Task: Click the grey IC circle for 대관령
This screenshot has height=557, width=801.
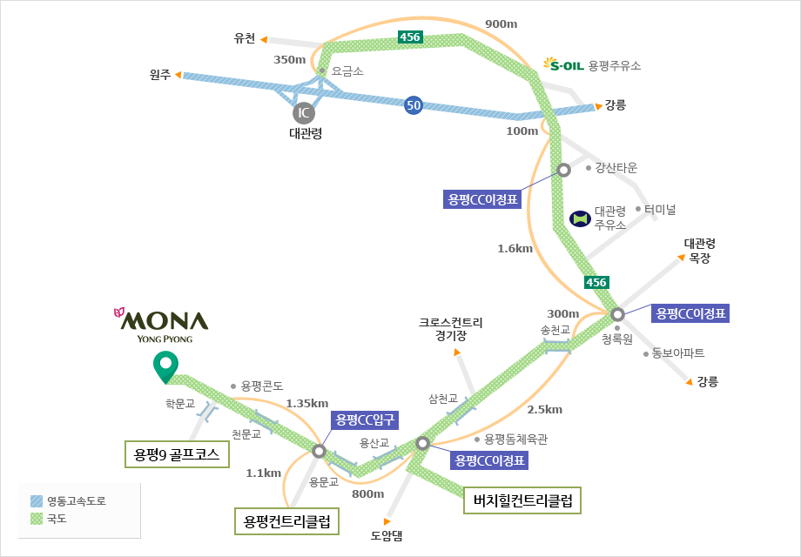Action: [x=304, y=112]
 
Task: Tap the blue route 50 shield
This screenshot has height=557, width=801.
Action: [x=414, y=106]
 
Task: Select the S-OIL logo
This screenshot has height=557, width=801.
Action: [x=563, y=64]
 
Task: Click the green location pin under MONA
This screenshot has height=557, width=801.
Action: [x=163, y=367]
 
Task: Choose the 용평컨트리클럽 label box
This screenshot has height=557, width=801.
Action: [x=287, y=522]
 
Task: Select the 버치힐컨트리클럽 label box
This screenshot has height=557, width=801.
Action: [x=522, y=500]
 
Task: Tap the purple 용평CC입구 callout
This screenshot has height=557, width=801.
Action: [x=365, y=419]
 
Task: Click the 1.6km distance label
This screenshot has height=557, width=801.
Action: [x=515, y=249]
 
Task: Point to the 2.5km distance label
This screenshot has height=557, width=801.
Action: [x=545, y=409]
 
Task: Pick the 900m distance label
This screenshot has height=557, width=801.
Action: [x=501, y=23]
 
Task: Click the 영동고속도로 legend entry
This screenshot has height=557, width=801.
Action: [x=71, y=501]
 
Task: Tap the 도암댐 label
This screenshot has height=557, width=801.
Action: [x=387, y=536]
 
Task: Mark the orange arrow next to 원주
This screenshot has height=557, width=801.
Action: [x=178, y=76]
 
